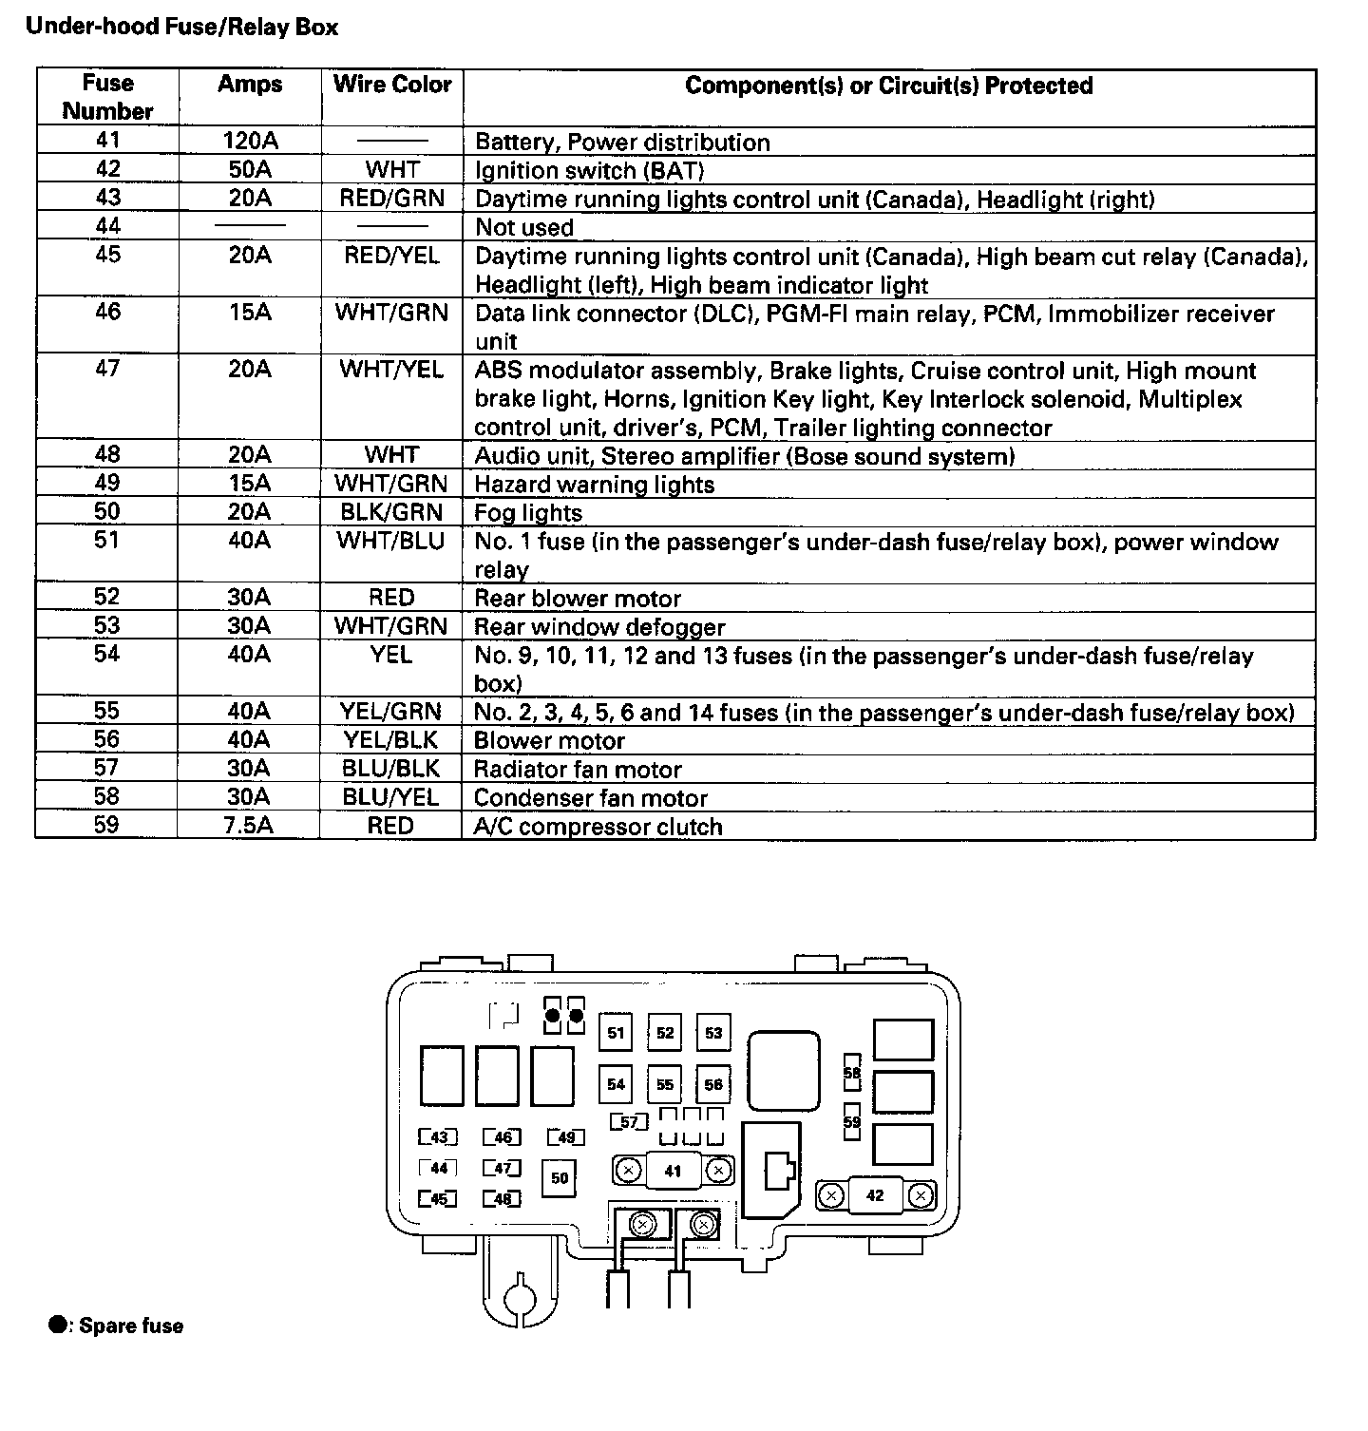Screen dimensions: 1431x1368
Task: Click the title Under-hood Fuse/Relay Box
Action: click(181, 27)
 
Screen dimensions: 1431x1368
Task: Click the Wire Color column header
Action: click(392, 85)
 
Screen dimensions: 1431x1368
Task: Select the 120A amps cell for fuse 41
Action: click(250, 142)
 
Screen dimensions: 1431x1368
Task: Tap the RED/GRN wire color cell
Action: click(392, 199)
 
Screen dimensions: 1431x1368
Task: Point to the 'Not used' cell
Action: click(524, 227)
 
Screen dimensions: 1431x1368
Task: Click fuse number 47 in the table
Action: click(107, 369)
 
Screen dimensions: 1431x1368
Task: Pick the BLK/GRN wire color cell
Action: click(391, 512)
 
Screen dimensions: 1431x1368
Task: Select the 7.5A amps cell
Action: click(249, 825)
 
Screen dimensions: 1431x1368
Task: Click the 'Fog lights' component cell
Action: click(528, 513)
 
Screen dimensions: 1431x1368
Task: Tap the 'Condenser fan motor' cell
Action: click(590, 798)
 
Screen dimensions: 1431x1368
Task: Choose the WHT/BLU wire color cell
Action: click(391, 541)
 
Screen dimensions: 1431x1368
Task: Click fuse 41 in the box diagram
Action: click(673, 1171)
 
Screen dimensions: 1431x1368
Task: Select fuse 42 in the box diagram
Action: click(875, 1195)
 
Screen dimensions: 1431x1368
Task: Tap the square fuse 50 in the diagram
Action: click(560, 1178)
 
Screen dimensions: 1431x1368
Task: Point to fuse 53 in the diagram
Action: click(713, 1034)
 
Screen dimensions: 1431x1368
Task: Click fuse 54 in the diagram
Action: click(617, 1084)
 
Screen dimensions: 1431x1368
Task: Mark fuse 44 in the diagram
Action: click(438, 1169)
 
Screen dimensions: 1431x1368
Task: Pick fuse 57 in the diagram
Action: click(629, 1122)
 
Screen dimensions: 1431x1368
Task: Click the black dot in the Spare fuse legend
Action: click(58, 1325)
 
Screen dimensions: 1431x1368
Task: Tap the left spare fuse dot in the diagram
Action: click(553, 1016)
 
